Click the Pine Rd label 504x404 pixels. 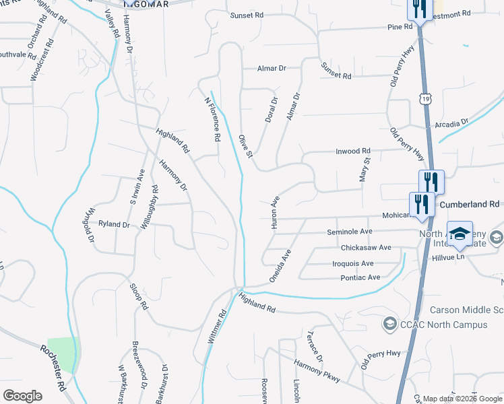[400, 28]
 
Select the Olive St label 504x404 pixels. [245, 147]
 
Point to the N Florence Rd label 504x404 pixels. [213, 119]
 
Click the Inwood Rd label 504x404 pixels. [353, 151]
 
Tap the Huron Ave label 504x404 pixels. [275, 213]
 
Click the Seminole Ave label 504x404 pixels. [350, 232]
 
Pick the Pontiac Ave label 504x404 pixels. [360, 277]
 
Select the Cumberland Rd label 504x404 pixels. [470, 203]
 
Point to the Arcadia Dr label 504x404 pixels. [451, 124]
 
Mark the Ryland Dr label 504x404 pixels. [113, 224]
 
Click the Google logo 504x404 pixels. [22, 395]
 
